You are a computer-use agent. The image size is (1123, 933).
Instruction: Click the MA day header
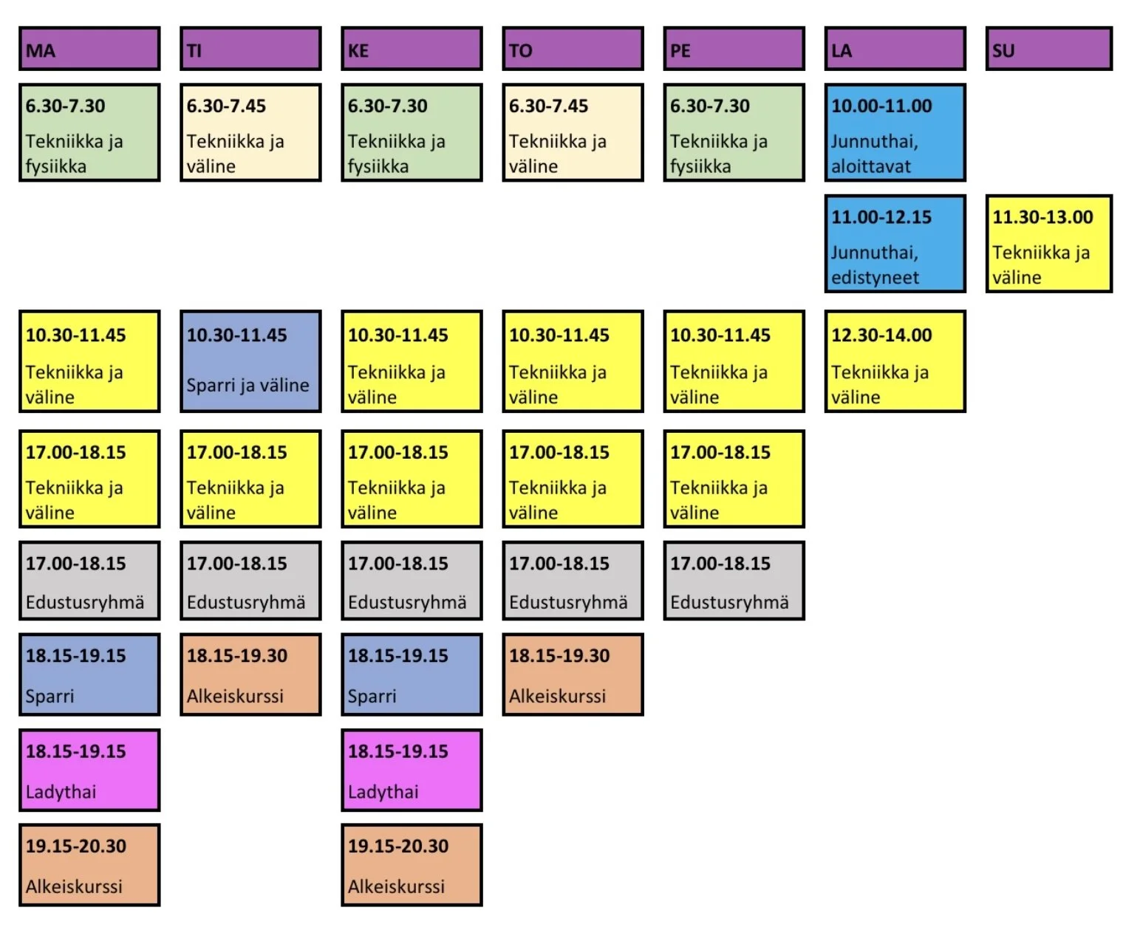point(89,49)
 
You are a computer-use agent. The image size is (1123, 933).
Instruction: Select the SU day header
point(1048,49)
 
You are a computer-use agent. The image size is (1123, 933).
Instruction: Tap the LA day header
point(895,49)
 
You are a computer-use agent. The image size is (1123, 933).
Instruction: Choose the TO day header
point(573,49)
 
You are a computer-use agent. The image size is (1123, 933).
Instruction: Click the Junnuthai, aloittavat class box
point(895,133)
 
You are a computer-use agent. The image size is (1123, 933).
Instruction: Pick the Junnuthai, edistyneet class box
point(895,244)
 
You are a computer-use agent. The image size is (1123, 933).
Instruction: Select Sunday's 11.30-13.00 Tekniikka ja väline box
point(1048,244)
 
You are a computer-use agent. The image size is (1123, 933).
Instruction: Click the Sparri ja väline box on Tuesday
point(250,361)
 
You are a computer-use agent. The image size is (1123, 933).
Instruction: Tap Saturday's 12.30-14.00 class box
point(895,361)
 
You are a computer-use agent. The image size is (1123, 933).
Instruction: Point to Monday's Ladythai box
point(89,770)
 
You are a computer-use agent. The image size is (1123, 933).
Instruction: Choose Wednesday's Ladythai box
point(412,770)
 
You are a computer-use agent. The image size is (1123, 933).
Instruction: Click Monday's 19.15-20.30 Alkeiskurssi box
point(89,864)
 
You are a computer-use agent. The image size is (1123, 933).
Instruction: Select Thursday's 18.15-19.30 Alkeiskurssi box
point(573,674)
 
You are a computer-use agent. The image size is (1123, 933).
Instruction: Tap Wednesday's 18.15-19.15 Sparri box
point(412,674)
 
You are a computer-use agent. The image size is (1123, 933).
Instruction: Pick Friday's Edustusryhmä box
point(734,581)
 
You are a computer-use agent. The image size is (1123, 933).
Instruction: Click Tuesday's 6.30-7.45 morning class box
point(250,133)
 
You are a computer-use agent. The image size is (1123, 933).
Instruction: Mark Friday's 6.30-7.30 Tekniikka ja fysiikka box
point(734,133)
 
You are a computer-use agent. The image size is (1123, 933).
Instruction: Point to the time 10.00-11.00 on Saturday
point(881,106)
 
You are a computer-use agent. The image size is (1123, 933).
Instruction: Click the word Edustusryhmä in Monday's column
point(85,603)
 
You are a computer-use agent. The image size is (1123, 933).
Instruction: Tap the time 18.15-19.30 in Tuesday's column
point(237,656)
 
